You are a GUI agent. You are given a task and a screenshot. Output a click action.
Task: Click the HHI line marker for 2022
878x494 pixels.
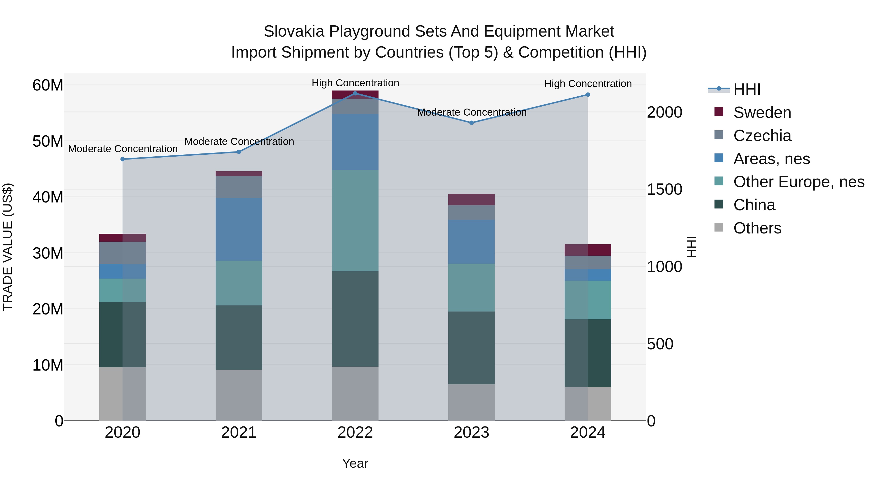coord(355,93)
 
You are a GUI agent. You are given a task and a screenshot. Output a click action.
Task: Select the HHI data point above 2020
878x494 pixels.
coord(123,159)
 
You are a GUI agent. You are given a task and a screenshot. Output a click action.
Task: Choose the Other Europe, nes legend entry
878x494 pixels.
coord(798,182)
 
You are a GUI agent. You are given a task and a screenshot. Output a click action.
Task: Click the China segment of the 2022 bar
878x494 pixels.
coord(355,319)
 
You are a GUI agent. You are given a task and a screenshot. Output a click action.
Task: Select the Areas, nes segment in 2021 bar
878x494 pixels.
coord(239,230)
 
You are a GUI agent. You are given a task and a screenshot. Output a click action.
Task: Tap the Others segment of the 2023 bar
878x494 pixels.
coord(471,402)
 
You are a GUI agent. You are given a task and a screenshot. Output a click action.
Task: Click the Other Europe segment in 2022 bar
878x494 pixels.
coord(355,221)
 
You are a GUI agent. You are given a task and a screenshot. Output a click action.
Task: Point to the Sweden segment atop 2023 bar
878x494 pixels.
coord(471,200)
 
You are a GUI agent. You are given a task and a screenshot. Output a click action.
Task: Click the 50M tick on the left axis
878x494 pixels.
coord(48,141)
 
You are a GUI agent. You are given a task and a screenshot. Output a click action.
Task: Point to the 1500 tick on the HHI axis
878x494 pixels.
coord(664,190)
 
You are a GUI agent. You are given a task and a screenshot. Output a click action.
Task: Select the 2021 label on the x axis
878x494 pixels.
coord(239,433)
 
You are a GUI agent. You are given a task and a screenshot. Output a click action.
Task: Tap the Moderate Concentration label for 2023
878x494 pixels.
coord(472,112)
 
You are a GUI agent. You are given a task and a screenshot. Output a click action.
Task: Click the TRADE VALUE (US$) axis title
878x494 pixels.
coord(8,247)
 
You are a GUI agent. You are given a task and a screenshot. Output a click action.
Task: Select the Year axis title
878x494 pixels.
coord(355,463)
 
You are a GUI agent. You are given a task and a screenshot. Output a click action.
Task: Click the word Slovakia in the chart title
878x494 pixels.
coord(294,31)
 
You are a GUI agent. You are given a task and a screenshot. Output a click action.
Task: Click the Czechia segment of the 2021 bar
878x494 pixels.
coord(239,187)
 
